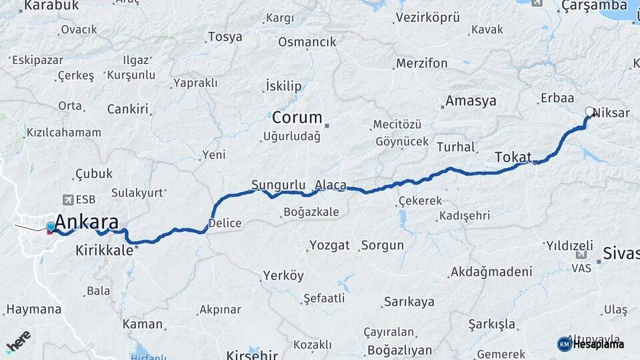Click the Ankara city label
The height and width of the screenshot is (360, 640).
pos(87,222)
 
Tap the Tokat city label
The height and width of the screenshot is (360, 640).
pos(512,157)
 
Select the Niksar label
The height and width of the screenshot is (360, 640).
pos(611,113)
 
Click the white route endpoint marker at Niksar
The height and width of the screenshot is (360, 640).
pos(589,112)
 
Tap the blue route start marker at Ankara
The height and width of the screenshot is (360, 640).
pos(51,227)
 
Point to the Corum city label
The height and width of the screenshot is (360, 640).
pos(297,118)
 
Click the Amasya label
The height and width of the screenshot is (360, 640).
pos(471,101)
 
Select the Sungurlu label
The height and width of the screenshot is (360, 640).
pos(278,185)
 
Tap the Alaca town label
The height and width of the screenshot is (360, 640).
pos(330,185)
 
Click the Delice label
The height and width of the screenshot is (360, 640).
pos(225,223)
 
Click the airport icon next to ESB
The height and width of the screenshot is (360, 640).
pos(67,199)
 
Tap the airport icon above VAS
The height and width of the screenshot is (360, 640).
pos(580,255)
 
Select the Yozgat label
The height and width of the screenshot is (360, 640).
pos(329,245)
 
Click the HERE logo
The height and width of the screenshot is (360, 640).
pos(19,342)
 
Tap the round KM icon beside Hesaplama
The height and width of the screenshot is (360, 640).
pos(564,344)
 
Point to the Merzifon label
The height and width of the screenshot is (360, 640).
pos(421,63)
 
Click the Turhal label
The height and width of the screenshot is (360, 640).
pos(456,147)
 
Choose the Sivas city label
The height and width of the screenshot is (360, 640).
pos(621,253)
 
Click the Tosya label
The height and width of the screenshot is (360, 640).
pos(225,37)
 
